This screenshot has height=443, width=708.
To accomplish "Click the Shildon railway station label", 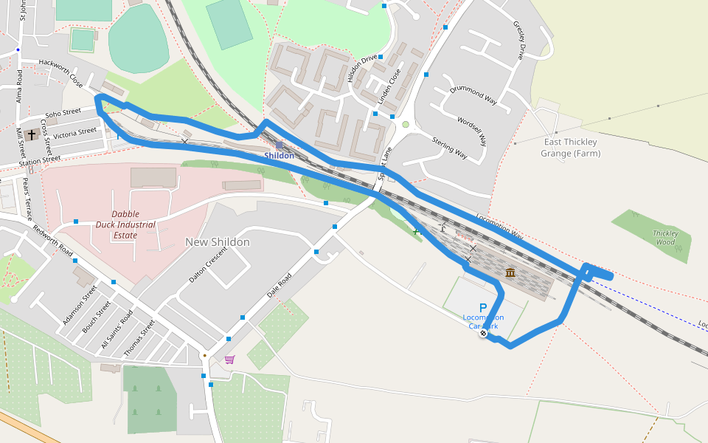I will click(x=279, y=156).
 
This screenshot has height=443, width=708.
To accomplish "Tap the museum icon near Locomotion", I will click(x=510, y=274).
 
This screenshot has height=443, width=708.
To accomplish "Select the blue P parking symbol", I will click(x=483, y=308).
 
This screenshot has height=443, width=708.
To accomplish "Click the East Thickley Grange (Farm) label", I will click(x=570, y=148).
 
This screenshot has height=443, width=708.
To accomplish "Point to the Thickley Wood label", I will click(x=665, y=237).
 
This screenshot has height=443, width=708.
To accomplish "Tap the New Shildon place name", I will click(x=217, y=242).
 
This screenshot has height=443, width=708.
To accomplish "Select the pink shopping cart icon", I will click(x=229, y=360).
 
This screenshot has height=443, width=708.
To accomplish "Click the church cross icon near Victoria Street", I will click(x=31, y=135).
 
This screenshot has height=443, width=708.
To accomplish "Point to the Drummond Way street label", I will click(x=473, y=94).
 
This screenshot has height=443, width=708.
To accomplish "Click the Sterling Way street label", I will click(x=449, y=148).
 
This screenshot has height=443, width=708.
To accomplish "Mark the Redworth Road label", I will click(x=52, y=241).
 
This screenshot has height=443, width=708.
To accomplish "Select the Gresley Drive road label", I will click(x=519, y=40).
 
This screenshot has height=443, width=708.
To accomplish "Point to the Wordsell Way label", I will click(x=472, y=130).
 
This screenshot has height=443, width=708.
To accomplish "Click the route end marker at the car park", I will click(x=483, y=334).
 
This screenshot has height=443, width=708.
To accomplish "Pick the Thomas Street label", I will click(x=139, y=338).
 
